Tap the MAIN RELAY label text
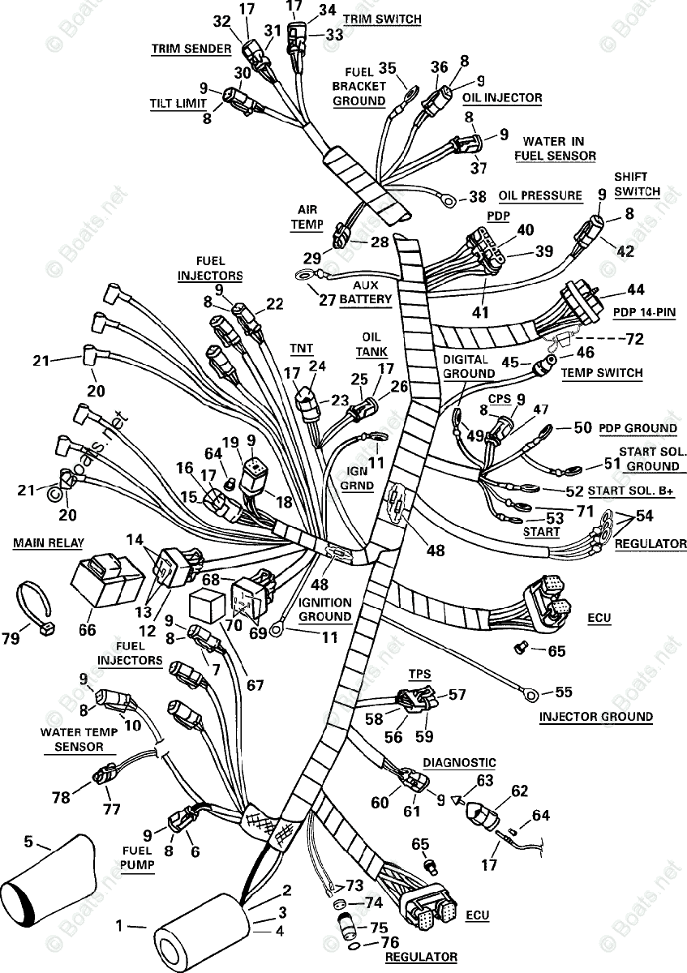[47, 542]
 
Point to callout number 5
[29, 842]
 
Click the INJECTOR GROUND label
[596, 716]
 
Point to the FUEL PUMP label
[139, 857]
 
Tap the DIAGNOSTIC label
[459, 763]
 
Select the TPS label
[419, 674]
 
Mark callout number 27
[327, 299]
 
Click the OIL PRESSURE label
[540, 195]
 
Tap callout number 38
[478, 196]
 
